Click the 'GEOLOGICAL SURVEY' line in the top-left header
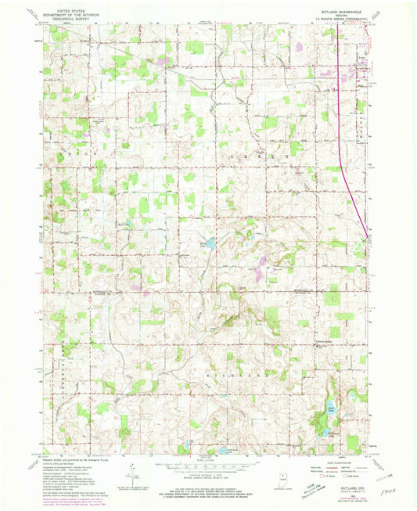pyautogui.click(x=68, y=20)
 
